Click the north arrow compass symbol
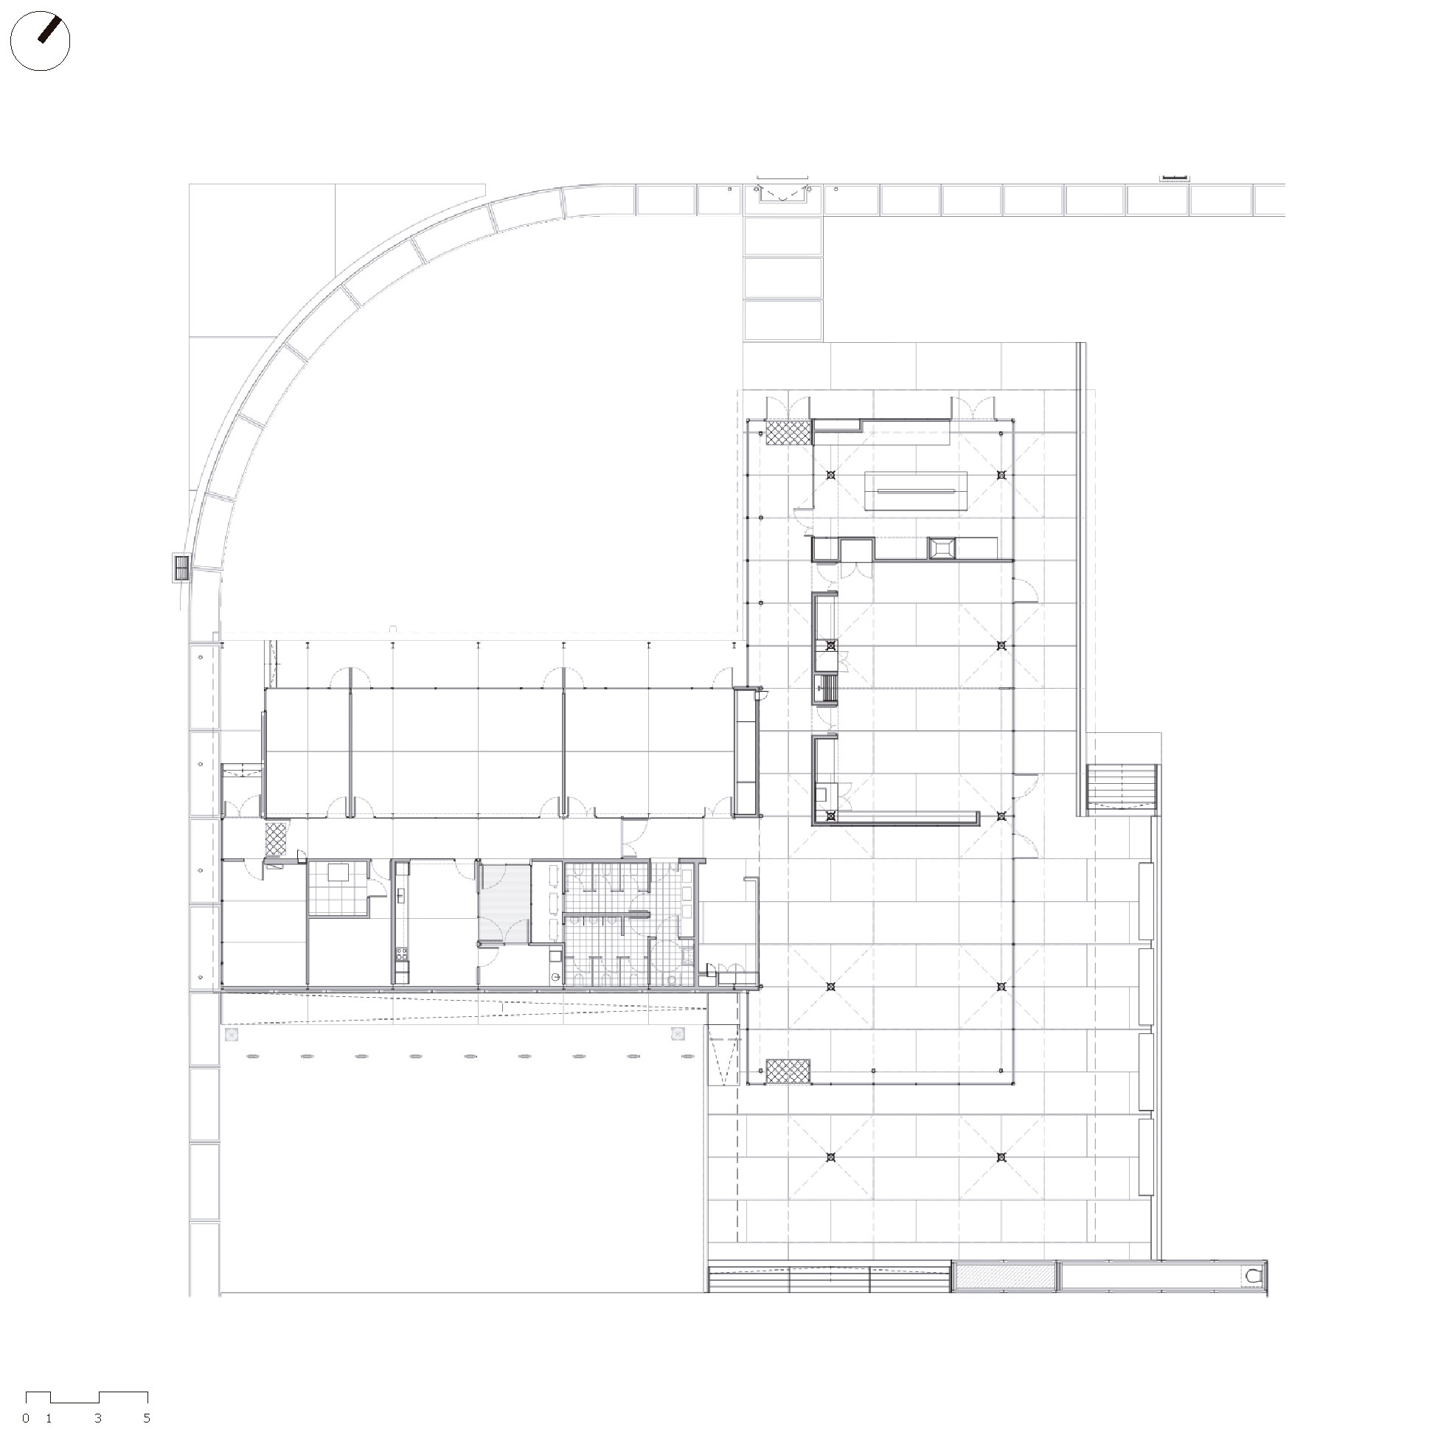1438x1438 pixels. (x=41, y=41)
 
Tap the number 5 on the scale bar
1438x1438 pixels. (x=147, y=1418)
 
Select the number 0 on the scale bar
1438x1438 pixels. (x=26, y=1418)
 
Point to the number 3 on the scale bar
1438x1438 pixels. (x=98, y=1418)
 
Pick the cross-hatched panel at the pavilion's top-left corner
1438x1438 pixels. (x=788, y=433)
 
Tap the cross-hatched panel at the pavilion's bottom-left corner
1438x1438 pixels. (x=788, y=1071)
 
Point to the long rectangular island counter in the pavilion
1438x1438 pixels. (x=915, y=491)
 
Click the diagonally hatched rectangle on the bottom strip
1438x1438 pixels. (x=1004, y=1277)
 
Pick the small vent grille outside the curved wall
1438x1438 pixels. (x=181, y=568)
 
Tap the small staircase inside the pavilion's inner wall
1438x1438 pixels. (x=827, y=688)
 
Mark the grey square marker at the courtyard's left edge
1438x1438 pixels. (x=232, y=1035)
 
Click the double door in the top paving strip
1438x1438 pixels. (x=783, y=192)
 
